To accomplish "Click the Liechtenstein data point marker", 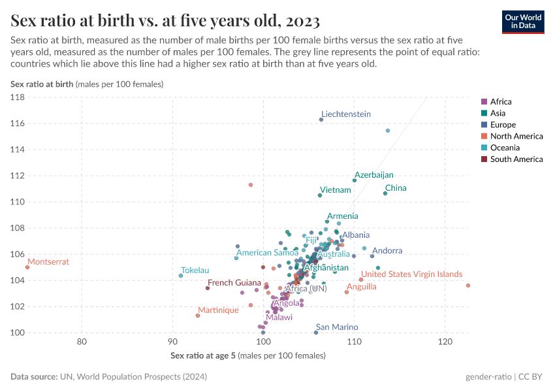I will (321, 120).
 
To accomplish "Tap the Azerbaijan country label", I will (374, 175).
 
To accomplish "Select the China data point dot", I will (385, 193).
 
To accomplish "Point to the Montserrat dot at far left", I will (27, 267).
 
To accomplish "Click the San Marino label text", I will (337, 327).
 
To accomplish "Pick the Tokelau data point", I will (181, 276).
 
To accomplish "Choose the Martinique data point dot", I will (198, 316).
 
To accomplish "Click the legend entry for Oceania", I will (505, 148).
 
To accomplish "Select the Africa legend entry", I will (501, 102).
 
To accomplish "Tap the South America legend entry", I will (516, 159).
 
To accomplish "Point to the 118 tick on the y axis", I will (18, 97).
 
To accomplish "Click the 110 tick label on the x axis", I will (354, 342).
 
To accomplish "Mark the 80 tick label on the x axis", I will (82, 342).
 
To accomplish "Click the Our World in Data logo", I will (523, 22).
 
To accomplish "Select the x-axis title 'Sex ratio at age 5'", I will (203, 355).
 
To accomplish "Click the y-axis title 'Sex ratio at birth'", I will (42, 84).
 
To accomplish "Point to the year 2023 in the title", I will (303, 22).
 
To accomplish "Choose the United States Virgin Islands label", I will (412, 274).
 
